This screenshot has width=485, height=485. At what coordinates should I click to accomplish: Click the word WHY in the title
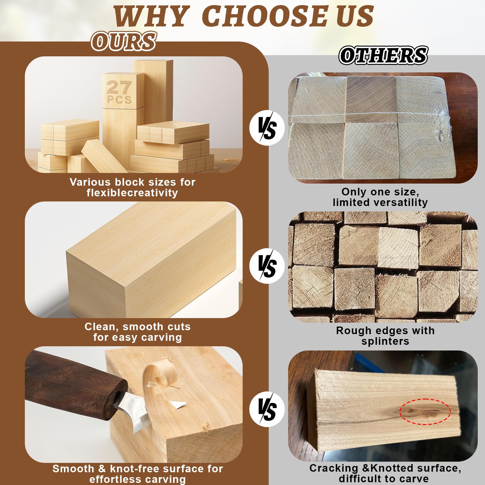tap(151, 16)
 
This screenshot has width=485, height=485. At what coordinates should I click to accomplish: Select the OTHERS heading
tap(383, 55)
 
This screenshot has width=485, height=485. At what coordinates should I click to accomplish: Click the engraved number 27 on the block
tap(119, 87)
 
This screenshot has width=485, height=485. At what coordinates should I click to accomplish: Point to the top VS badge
tap(267, 128)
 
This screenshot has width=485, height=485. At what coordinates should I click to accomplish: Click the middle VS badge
tap(267, 266)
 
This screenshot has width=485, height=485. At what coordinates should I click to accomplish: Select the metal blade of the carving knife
tap(132, 409)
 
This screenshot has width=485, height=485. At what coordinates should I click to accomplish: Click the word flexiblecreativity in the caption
tap(132, 193)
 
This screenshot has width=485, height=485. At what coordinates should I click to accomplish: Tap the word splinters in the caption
tap(385, 341)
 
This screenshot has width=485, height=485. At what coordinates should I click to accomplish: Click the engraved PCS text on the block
tap(119, 100)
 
